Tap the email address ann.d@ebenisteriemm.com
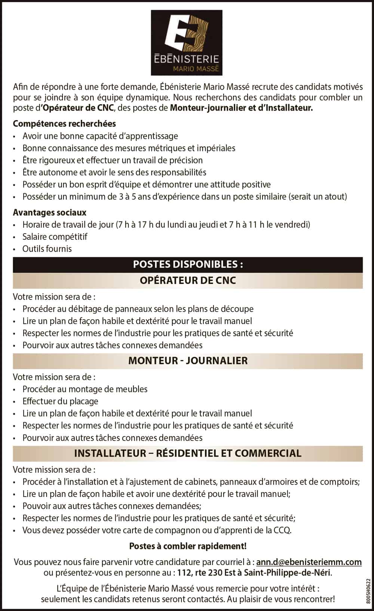tap(309, 562)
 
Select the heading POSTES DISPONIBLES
tap(188, 265)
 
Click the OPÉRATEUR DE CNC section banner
tap(188, 281)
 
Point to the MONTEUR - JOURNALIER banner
tap(188, 361)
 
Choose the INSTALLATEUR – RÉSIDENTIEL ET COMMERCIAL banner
tap(188, 453)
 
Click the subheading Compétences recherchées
tap(64, 124)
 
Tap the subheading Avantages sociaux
tap(50, 213)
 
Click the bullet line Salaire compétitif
tap(55, 237)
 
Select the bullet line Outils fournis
tap(47, 249)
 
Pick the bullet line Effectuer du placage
tap(60, 401)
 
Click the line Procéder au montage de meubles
tap(85, 389)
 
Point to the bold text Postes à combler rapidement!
tap(188, 546)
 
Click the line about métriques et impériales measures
tap(129, 148)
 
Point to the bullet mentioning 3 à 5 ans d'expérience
tap(185, 197)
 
